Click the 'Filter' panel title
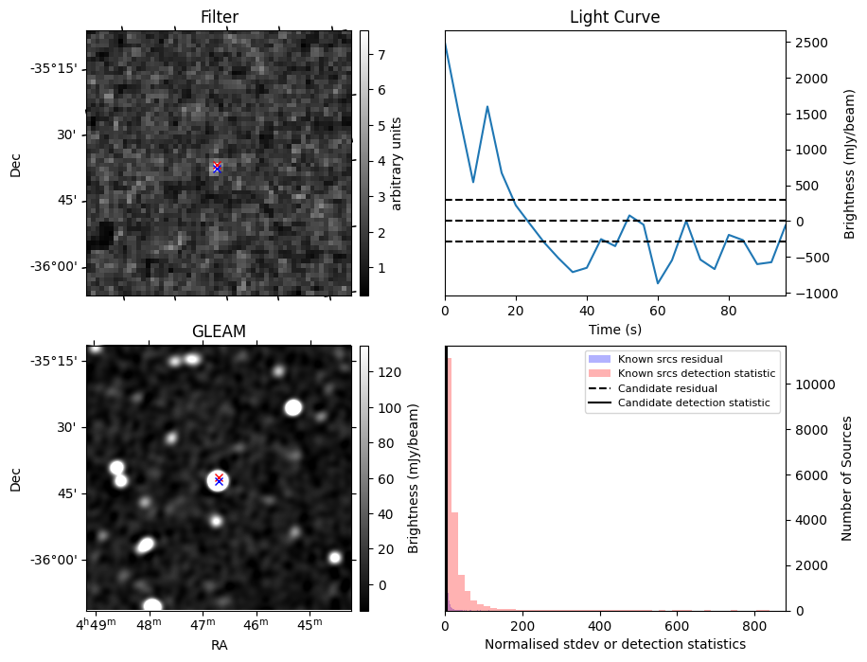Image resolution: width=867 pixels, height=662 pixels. point(219,17)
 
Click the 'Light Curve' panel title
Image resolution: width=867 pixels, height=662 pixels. point(614,17)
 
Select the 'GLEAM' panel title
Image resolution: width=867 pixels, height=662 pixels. point(219,331)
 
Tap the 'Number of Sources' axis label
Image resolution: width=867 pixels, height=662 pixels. point(848,478)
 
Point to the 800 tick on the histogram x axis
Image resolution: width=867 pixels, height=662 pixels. point(753,626)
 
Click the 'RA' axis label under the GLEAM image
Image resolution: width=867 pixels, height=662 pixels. point(219,645)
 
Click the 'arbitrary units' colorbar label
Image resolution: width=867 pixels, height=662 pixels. point(398,163)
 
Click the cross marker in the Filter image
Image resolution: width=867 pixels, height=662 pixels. point(217,168)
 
